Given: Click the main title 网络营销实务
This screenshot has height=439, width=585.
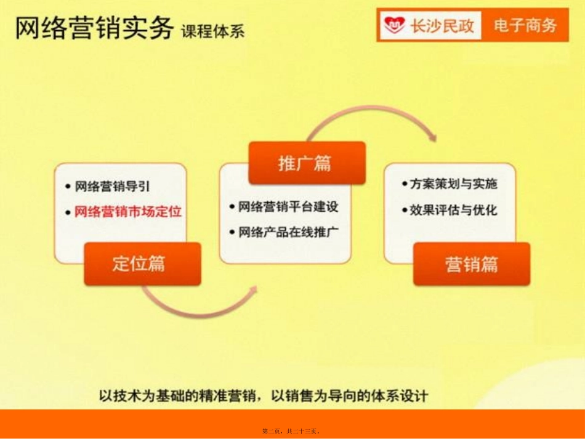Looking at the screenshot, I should (x=94, y=28).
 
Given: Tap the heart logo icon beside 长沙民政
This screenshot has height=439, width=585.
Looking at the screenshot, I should (x=394, y=26).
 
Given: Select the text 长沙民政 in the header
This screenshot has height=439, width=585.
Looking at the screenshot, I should (x=442, y=26).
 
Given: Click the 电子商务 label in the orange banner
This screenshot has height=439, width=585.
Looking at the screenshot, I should (x=525, y=25).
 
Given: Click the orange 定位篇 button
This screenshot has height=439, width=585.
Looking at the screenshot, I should (x=142, y=264).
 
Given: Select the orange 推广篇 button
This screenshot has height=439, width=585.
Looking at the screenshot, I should (x=307, y=163).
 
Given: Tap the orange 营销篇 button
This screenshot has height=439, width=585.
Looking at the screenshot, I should (x=471, y=264).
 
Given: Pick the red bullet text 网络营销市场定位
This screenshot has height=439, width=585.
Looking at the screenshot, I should (x=127, y=212).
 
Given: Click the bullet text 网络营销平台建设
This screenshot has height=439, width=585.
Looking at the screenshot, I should (x=288, y=207).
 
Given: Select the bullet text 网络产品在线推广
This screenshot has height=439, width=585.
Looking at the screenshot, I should (x=288, y=232).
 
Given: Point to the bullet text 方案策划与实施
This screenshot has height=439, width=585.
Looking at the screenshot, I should (x=454, y=184).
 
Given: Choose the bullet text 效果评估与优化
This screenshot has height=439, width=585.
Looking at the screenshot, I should (x=454, y=210).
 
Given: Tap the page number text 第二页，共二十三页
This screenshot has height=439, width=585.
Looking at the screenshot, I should (x=292, y=431).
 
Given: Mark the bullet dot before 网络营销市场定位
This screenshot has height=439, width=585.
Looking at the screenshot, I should (x=68, y=212).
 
